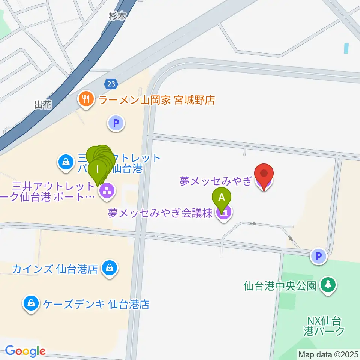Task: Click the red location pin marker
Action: click(x=264, y=175)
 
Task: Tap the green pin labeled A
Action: click(x=222, y=198)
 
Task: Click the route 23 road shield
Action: click(x=111, y=84)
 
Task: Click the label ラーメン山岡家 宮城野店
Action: click(x=156, y=100)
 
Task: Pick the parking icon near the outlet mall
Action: click(x=116, y=123)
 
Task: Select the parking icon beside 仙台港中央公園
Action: click(x=319, y=257)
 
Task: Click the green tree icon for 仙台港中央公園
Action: click(x=328, y=285)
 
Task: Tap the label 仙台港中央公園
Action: click(x=280, y=286)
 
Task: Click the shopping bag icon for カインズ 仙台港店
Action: click(x=109, y=268)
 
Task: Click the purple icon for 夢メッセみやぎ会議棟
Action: click(x=224, y=213)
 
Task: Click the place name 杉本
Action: click(x=117, y=15)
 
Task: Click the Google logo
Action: click(x=25, y=351)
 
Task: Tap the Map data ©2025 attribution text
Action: click(x=328, y=354)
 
